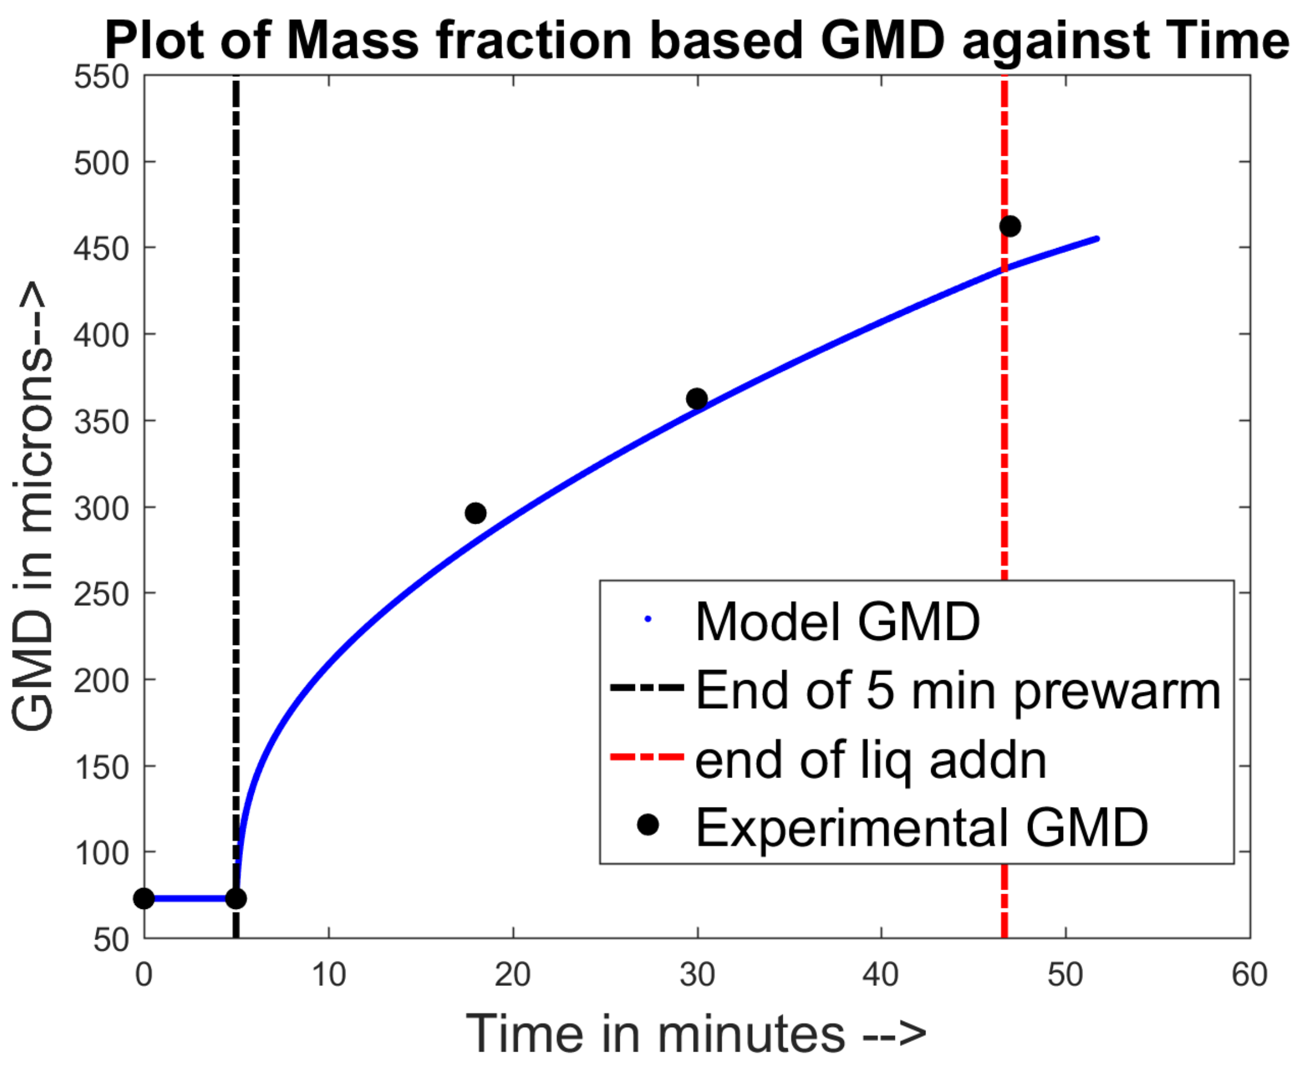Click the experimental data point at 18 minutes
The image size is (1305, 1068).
[x=476, y=513]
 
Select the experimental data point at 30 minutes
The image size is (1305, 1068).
[x=697, y=399]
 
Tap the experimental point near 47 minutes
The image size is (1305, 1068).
[x=1010, y=227]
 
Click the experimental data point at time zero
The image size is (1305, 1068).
[x=144, y=899]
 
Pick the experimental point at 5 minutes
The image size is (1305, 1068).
[x=236, y=899]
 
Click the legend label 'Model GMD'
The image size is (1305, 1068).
[x=837, y=622]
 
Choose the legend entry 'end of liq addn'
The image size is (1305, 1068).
[x=871, y=760]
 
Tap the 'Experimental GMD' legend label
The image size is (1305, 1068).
[x=922, y=827]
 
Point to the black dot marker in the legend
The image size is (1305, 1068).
[x=647, y=825]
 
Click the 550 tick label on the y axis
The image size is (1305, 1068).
[x=101, y=78]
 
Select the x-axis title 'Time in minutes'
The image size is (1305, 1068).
[x=695, y=1033]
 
